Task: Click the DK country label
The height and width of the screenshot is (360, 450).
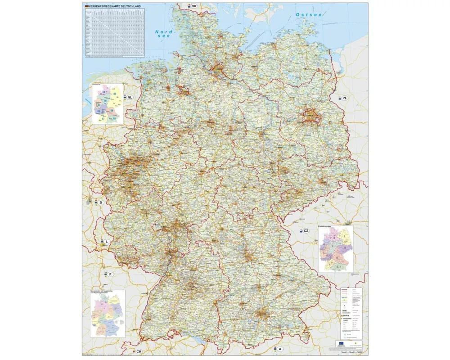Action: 193,6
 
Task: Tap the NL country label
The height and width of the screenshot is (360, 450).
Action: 130,97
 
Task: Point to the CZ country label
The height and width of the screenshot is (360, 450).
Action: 306,231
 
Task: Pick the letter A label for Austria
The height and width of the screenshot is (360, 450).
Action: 280,349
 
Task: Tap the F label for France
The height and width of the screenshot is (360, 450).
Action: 110,274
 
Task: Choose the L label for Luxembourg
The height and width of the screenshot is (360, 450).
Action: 107,242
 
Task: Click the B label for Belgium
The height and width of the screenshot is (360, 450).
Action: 101,202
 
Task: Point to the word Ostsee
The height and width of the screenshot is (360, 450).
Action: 309,15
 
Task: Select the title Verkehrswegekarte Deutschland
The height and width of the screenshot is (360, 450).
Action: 115,6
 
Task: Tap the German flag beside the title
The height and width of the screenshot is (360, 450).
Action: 86,6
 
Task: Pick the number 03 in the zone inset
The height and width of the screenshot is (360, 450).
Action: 115,94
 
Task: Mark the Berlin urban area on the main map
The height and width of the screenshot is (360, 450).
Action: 311,115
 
